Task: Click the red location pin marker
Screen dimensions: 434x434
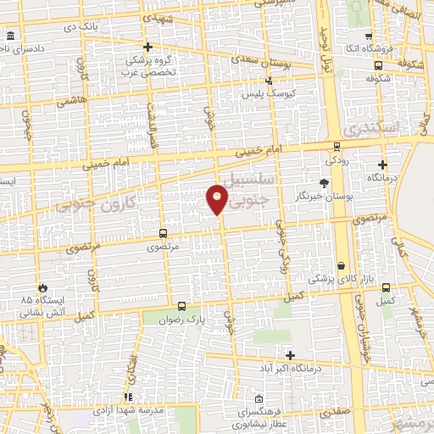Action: coord(217,199)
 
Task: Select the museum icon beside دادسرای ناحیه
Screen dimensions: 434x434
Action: coord(10,36)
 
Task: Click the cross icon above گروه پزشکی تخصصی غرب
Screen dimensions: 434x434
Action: coord(147,47)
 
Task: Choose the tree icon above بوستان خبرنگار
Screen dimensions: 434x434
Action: coord(323,182)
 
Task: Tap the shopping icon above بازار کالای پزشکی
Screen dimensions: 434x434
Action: coord(342,265)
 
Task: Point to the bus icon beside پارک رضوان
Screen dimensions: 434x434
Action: coord(181,306)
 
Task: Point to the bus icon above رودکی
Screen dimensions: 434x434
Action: coord(337,146)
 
